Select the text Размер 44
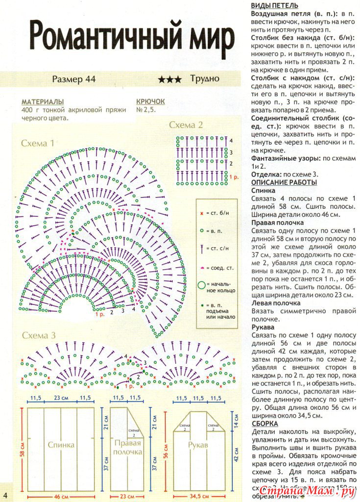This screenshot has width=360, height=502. coord(73,79)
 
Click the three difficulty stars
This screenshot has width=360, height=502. coord(169,79)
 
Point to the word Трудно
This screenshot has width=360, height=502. coord(205,78)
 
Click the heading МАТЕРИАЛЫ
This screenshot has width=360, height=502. coord(43,101)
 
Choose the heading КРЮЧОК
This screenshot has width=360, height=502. coord(150,101)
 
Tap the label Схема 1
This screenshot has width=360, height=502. coord(37,143)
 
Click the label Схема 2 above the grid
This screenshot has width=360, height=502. coord(186,125)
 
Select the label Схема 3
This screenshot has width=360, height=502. coord(38,335)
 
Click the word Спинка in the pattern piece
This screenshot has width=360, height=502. coord(61,445)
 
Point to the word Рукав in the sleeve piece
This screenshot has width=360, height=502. coord(198,445)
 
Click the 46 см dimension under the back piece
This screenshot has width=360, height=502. coord(61,497)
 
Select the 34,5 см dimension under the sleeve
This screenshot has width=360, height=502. coord(198,497)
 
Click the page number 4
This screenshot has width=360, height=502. coord(5,493)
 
